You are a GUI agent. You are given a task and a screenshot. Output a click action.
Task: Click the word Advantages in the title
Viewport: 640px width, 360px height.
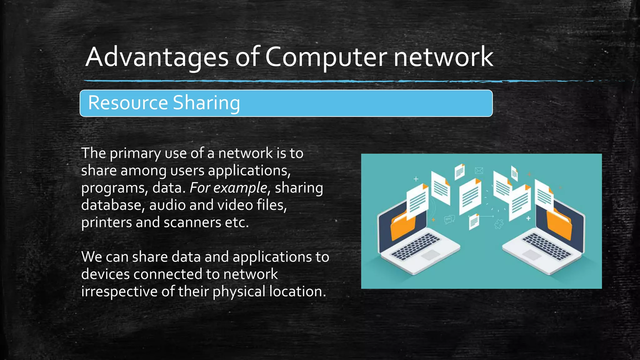[157, 57]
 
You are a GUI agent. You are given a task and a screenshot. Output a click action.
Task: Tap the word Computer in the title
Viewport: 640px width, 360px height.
[326, 57]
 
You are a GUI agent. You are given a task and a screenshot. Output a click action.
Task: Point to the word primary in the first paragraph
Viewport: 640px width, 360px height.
[135, 153]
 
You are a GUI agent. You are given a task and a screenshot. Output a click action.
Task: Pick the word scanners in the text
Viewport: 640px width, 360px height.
[192, 222]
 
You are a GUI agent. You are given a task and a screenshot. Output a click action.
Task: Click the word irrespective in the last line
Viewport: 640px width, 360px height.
[119, 292]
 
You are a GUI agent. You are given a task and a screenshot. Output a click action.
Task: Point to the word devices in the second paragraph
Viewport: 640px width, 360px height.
[105, 274]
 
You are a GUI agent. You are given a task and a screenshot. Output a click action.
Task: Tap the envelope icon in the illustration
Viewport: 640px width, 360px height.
[479, 170]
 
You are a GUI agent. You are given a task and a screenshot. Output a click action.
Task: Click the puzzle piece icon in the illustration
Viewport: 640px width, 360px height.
[499, 223]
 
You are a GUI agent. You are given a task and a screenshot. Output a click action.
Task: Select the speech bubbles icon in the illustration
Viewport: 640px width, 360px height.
[450, 219]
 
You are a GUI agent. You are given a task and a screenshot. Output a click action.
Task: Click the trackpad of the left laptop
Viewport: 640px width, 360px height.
[431, 255]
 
